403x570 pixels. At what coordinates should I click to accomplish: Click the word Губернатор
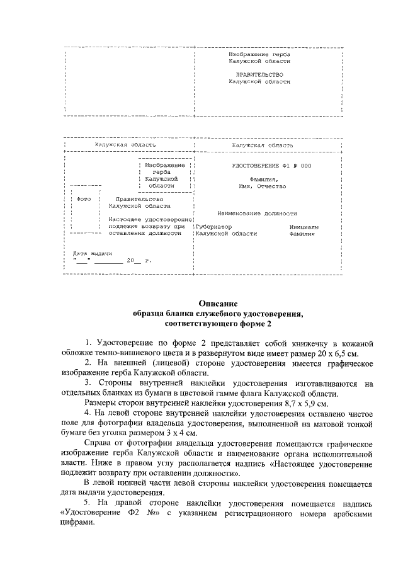tap(214, 226)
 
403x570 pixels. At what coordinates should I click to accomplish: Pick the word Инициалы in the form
tap(304, 226)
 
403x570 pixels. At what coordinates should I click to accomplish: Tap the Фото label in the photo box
tap(83, 200)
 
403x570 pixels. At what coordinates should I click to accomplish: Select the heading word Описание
tap(218, 303)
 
